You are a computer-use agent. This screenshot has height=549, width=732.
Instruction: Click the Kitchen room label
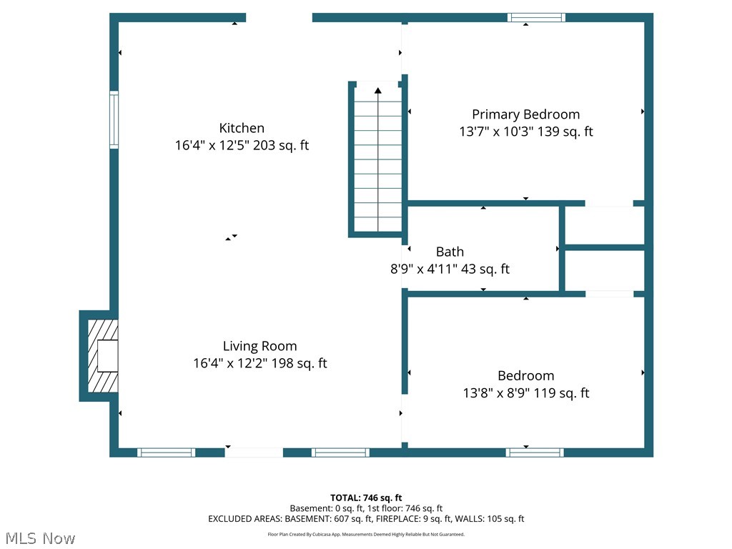point(242,128)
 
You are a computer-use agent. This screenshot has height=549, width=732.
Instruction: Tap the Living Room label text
point(259,347)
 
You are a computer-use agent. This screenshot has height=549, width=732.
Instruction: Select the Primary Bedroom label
point(525,115)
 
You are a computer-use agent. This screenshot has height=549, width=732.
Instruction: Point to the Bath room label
point(450,252)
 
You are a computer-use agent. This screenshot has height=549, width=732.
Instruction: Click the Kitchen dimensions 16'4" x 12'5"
point(212,145)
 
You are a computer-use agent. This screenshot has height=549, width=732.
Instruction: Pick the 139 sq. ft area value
point(565,132)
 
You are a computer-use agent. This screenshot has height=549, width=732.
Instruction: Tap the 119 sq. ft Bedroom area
point(562,393)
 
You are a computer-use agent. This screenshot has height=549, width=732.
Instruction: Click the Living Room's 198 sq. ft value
point(300,363)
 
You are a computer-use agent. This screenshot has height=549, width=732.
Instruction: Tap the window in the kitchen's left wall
point(114,120)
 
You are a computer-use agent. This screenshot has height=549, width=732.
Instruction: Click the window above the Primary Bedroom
point(536,18)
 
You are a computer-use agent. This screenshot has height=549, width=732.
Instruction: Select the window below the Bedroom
point(535,452)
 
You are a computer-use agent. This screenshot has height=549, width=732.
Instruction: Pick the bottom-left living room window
point(166,452)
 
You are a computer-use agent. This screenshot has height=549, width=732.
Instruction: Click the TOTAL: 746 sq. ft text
point(366,498)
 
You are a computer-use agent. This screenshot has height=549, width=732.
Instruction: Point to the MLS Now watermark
point(40,538)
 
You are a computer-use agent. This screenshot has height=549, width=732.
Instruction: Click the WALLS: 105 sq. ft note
point(490,519)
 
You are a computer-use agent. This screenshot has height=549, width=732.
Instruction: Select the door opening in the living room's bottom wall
point(254,452)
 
